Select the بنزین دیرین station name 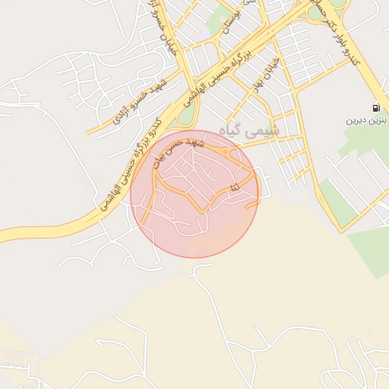pos(367,120)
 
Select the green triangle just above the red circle pos(185,118)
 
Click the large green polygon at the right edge pos(370,251)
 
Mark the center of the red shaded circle pos(195,194)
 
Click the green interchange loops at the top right pos(325,9)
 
